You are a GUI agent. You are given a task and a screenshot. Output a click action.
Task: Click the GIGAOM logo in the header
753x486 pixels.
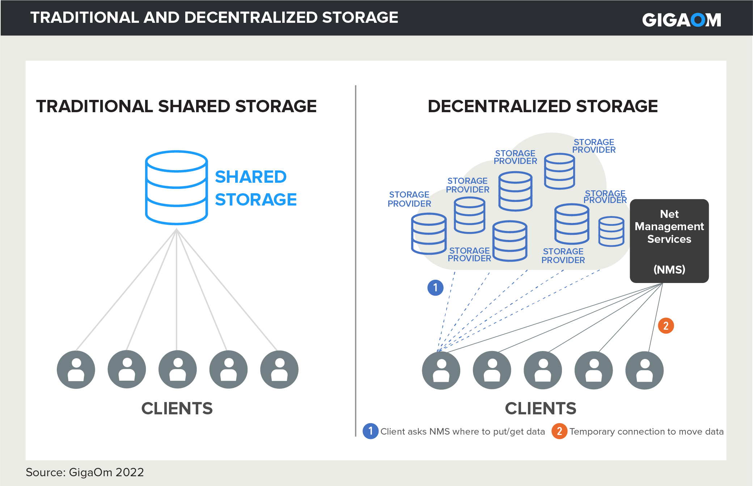(681, 20)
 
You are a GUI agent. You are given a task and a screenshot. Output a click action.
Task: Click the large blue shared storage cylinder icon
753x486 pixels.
(176, 187)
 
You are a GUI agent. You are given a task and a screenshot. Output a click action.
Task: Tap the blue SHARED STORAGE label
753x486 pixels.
(255, 188)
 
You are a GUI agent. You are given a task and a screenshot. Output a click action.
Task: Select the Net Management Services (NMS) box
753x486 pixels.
(669, 241)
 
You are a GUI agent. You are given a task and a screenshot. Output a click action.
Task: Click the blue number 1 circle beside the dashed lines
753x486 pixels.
(435, 288)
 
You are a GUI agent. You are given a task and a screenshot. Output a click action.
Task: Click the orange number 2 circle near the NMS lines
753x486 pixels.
(666, 326)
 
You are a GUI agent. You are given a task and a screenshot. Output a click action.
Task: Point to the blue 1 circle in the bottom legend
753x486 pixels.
(371, 431)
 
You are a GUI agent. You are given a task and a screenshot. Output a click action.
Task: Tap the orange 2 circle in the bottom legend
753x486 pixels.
(559, 431)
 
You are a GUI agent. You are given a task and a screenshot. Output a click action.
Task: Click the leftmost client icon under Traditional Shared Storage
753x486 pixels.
(76, 369)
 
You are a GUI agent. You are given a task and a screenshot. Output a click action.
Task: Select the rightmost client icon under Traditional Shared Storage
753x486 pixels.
(279, 369)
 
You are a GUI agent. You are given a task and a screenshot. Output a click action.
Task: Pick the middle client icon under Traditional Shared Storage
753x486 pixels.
(178, 369)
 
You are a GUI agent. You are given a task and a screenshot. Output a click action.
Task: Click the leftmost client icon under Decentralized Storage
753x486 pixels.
(441, 371)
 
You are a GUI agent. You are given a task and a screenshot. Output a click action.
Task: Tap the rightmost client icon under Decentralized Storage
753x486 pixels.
(644, 371)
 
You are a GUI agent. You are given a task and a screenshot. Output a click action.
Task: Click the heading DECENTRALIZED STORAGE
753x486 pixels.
(543, 106)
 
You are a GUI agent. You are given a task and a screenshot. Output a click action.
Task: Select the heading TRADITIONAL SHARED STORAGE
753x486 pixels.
(176, 106)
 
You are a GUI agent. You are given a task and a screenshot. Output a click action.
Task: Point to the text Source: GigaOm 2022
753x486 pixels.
(85, 472)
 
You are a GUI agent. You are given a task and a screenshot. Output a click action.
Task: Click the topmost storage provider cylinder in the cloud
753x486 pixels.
(559, 171)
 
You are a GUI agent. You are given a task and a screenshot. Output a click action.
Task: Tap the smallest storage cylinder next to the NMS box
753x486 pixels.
(611, 232)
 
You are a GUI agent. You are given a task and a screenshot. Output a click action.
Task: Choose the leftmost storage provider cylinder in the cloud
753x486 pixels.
(429, 233)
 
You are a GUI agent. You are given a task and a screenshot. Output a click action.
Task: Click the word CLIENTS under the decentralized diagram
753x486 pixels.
(541, 409)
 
